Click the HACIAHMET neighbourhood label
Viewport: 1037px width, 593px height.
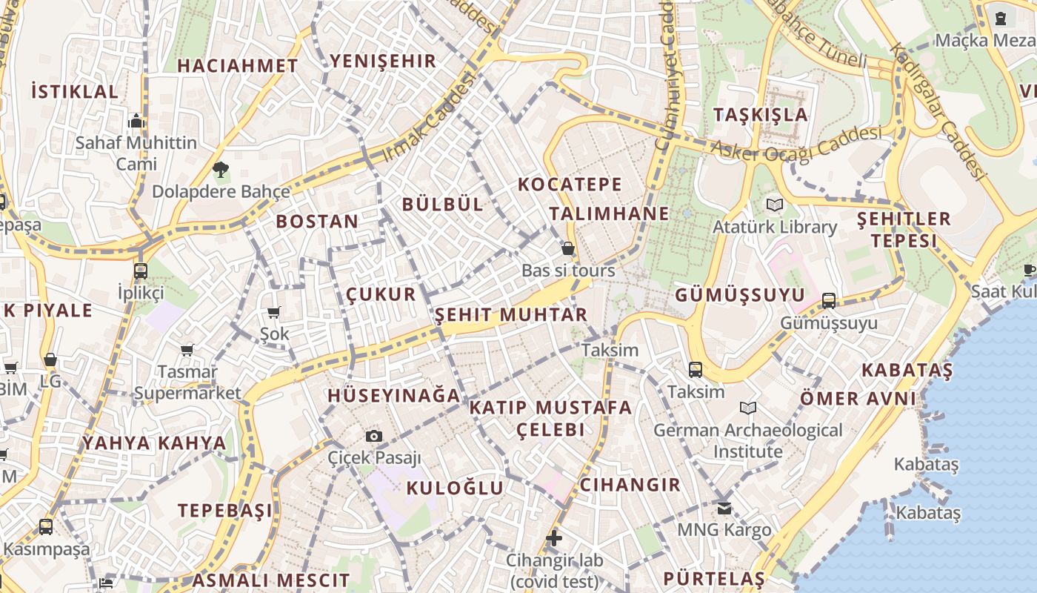click(x=237, y=65)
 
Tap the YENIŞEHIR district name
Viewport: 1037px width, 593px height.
click(x=383, y=61)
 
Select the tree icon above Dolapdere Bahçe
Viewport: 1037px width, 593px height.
click(x=220, y=170)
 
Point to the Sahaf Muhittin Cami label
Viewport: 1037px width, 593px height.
click(x=136, y=153)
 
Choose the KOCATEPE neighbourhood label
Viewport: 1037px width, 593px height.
click(x=570, y=185)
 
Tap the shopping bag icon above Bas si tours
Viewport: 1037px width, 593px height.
click(x=568, y=248)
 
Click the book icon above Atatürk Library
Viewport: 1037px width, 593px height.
click(x=775, y=205)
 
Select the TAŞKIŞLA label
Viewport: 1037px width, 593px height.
click(x=761, y=115)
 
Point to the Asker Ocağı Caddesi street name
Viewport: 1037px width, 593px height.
click(x=796, y=143)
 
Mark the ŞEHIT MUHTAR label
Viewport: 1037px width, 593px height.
click(x=511, y=314)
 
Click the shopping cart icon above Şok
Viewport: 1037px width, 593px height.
click(x=274, y=312)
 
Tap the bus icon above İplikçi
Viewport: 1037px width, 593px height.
click(x=141, y=271)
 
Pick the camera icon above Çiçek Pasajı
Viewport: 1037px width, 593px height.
click(x=374, y=436)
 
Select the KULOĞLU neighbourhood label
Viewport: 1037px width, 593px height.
click(x=455, y=488)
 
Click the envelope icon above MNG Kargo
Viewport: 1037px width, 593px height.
click(x=724, y=508)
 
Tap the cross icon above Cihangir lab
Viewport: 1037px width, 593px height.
click(x=554, y=537)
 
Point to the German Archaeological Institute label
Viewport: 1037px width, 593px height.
click(x=747, y=440)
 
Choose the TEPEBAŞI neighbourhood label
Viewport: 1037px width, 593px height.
click(x=224, y=511)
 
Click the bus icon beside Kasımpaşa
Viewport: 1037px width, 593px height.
click(x=46, y=527)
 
